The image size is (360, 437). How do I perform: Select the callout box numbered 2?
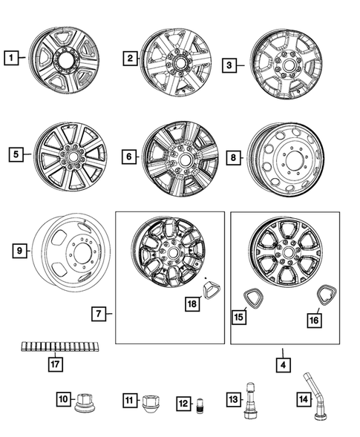click(130, 58)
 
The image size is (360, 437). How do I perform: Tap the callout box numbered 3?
click(230, 65)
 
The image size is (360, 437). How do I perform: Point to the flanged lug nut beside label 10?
click(81, 401)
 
